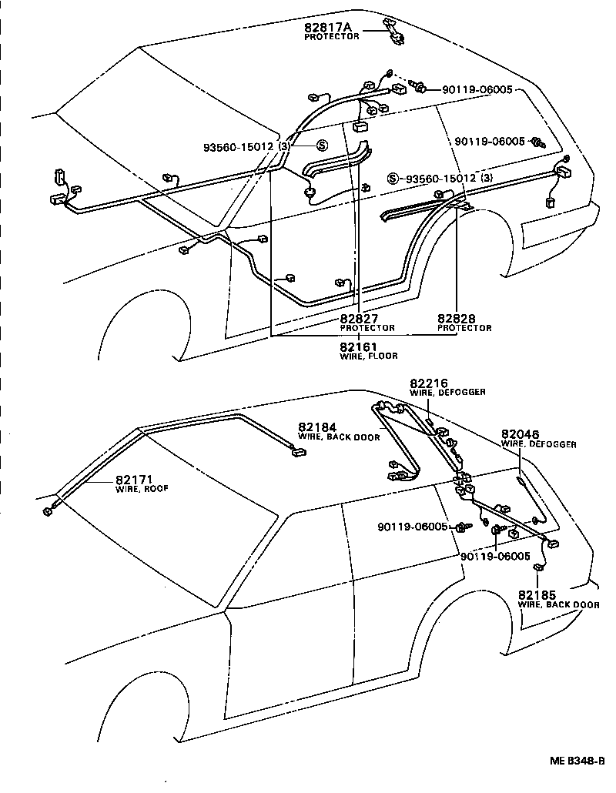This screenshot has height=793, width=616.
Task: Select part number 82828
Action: point(457,319)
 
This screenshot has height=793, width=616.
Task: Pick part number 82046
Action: point(520,434)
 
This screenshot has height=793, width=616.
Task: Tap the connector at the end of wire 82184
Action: point(296,453)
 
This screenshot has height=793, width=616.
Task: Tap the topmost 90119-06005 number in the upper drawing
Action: point(477,90)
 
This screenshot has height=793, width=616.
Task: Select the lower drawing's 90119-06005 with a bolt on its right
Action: point(412,527)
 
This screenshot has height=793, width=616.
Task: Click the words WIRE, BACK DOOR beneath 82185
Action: point(558,605)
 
